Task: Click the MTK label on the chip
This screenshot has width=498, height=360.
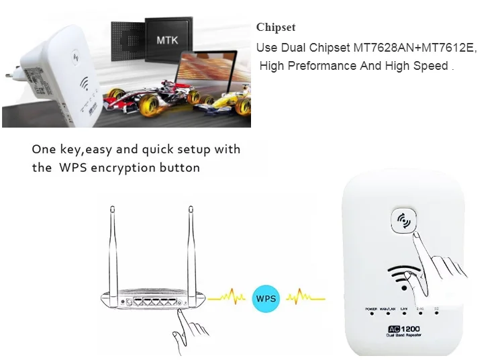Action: pos(166,40)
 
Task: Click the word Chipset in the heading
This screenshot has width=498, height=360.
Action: pos(275,28)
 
